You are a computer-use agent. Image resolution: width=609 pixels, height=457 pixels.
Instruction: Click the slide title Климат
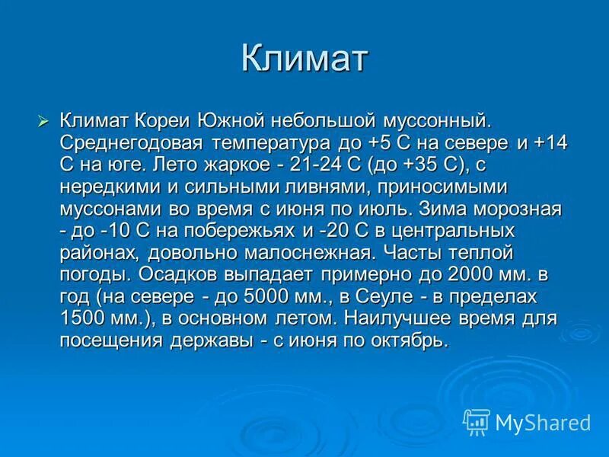coord(304,59)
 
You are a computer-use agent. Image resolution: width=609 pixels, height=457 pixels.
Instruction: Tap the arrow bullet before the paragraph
coord(43,120)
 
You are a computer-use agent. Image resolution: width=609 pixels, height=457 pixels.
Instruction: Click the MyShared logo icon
coord(477,421)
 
